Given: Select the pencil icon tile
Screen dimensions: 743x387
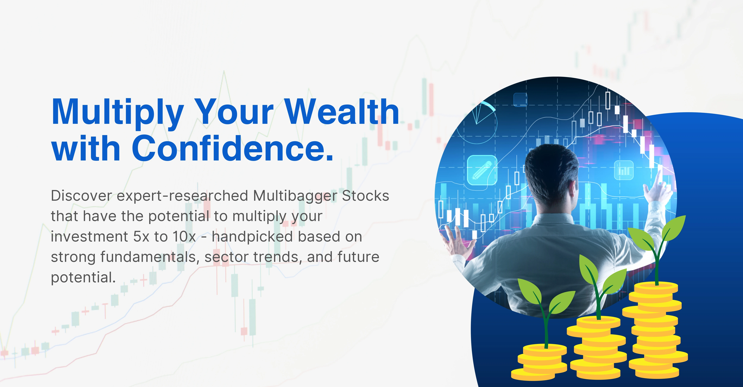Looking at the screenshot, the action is point(482,170).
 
